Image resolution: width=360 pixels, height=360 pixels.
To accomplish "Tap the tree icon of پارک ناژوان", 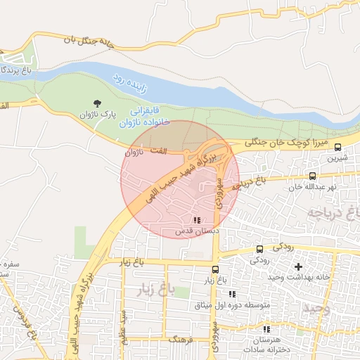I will (96, 103).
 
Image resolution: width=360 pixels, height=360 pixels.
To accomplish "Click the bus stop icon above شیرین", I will (338, 148).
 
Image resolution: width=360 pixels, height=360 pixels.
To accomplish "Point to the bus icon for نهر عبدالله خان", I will (312, 176).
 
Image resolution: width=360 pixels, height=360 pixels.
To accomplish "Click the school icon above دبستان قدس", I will (196, 220).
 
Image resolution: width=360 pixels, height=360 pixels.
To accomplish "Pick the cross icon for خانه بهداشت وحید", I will (298, 266).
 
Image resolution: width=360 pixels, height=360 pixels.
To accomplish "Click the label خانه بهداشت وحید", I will (298, 277).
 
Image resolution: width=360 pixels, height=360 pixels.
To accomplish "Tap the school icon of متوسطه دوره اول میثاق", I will (231, 294).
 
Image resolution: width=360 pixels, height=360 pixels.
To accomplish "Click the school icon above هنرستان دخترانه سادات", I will (265, 329).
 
